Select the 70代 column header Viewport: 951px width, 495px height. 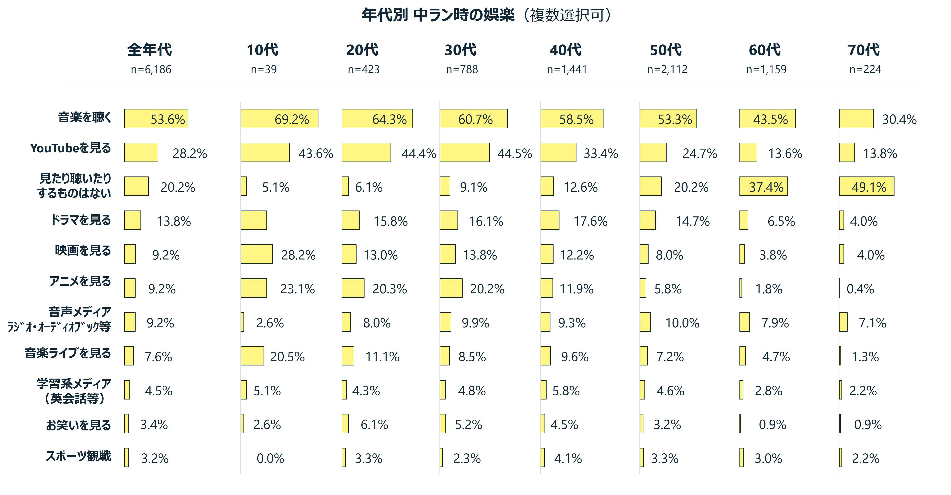[864, 50]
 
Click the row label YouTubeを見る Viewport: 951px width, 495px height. [70, 148]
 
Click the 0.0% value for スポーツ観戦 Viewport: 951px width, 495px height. [270, 459]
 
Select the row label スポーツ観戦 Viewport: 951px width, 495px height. [78, 456]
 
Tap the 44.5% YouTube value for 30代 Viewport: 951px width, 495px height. [515, 153]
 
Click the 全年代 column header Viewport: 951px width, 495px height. [149, 50]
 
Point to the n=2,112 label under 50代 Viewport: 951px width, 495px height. [667, 69]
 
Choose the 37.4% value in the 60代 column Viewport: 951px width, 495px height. [766, 187]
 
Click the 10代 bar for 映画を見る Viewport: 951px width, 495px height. [257, 254]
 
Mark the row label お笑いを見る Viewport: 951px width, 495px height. [78, 425]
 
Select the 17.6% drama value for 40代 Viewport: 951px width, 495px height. [590, 221]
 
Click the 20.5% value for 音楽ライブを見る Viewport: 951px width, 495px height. [287, 357]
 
